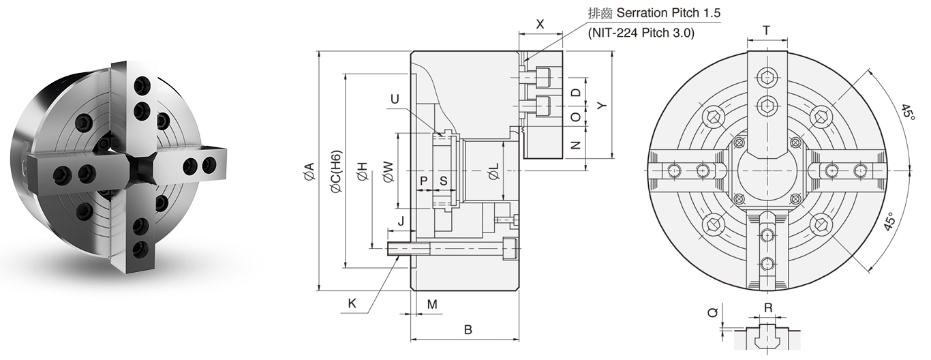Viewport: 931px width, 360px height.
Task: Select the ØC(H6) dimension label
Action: click(335, 173)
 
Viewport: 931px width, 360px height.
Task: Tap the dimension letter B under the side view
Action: click(468, 330)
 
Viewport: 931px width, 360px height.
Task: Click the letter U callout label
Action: click(395, 100)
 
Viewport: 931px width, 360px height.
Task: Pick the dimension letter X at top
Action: click(540, 24)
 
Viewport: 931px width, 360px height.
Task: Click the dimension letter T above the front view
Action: click(767, 30)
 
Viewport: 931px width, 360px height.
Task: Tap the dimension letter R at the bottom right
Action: click(768, 307)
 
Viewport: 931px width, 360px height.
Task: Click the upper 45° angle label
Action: click(907, 113)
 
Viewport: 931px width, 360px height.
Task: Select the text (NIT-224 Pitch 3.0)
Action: click(641, 32)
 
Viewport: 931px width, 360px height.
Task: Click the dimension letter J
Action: click(401, 221)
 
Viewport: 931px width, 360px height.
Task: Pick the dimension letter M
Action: click(431, 303)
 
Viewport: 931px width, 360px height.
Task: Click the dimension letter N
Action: click(575, 145)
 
